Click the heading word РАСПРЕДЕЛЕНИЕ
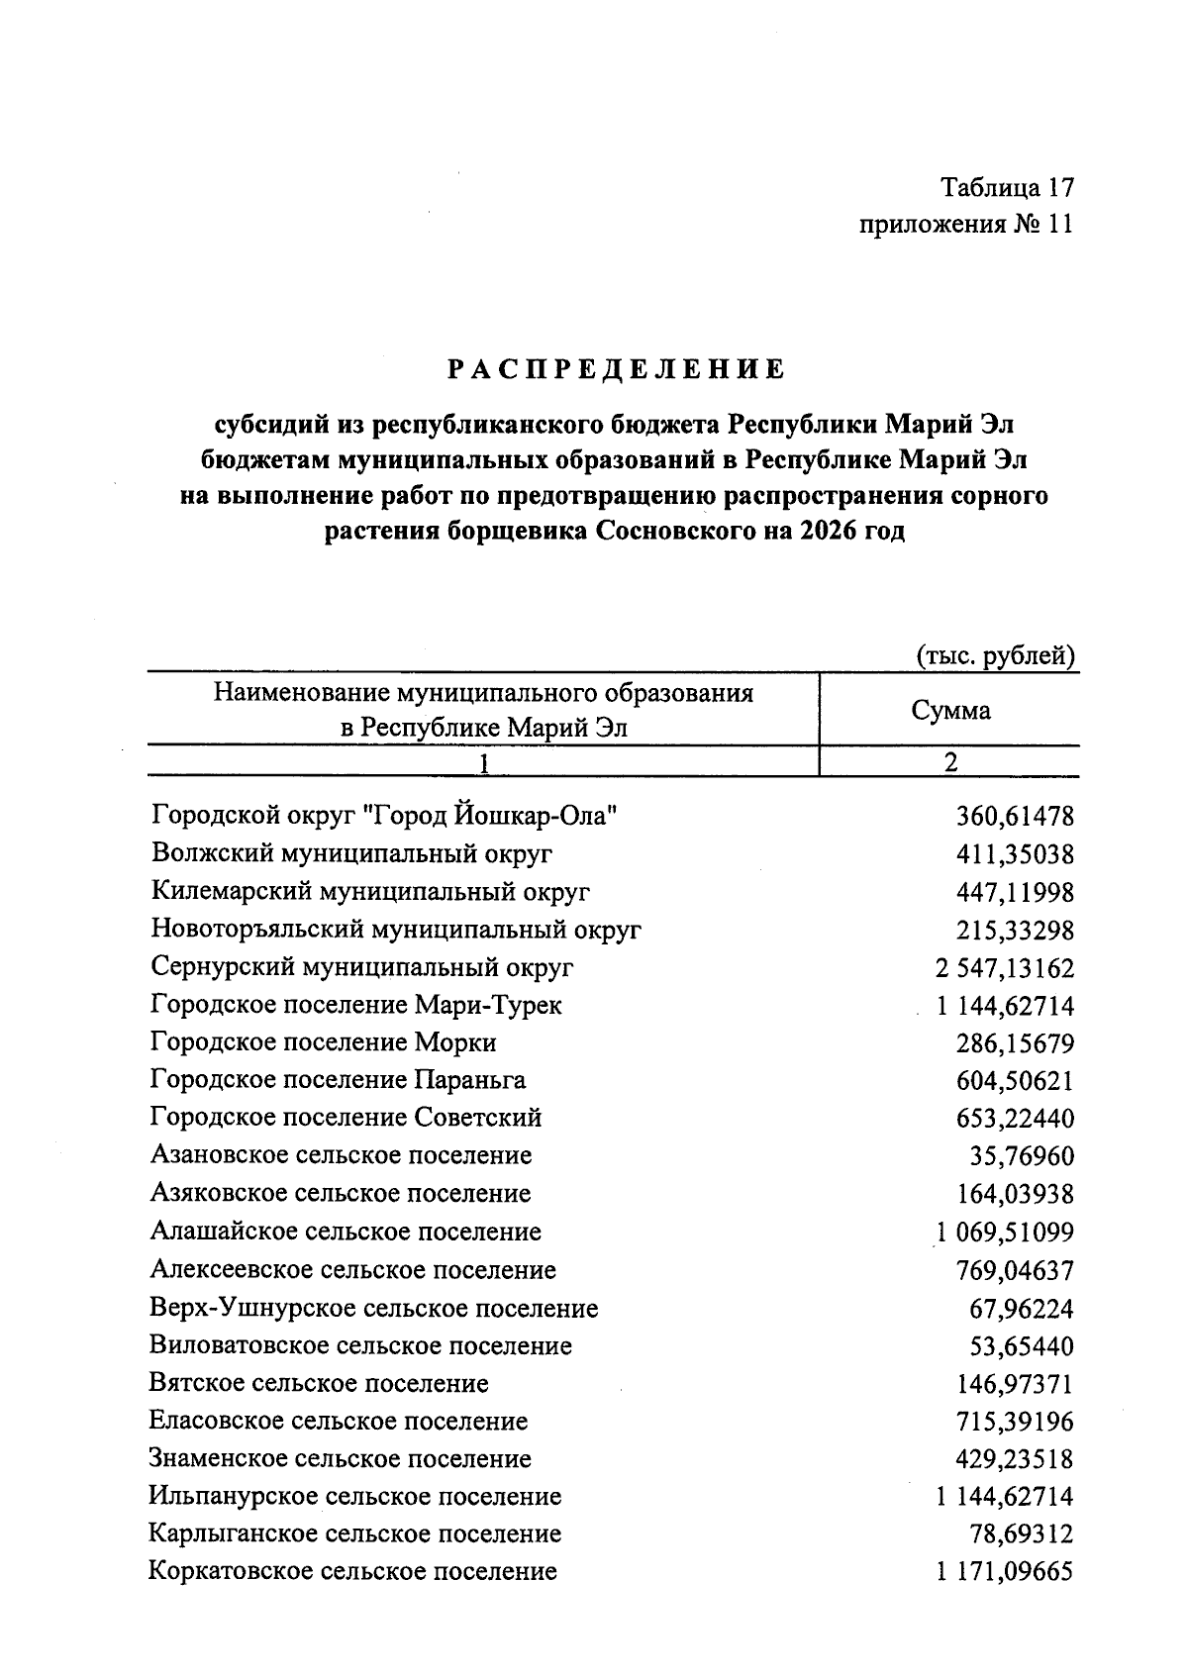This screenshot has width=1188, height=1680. tap(615, 370)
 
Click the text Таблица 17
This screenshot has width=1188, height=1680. tap(1007, 187)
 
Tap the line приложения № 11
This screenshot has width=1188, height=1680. tap(965, 225)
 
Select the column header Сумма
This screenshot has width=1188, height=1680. tap(949, 710)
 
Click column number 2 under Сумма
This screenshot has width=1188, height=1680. tap(950, 762)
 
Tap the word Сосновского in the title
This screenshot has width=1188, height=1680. tap(674, 531)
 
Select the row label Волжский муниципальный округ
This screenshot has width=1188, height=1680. tap(351, 853)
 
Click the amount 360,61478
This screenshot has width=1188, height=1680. tap(1014, 817)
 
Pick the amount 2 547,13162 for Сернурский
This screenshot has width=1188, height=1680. tap(997, 968)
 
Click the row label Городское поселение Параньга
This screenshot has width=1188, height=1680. tap(338, 1080)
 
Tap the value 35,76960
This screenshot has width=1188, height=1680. tap(1021, 1156)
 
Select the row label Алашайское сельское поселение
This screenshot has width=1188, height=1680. tap(346, 1233)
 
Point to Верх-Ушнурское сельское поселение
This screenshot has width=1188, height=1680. tap(373, 1309)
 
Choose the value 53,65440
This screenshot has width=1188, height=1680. tap(1021, 1346)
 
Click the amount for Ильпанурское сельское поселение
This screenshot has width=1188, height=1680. tap(1003, 1497)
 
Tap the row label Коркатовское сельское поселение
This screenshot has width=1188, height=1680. tap(352, 1572)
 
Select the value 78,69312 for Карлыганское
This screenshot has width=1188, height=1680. tap(1021, 1534)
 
